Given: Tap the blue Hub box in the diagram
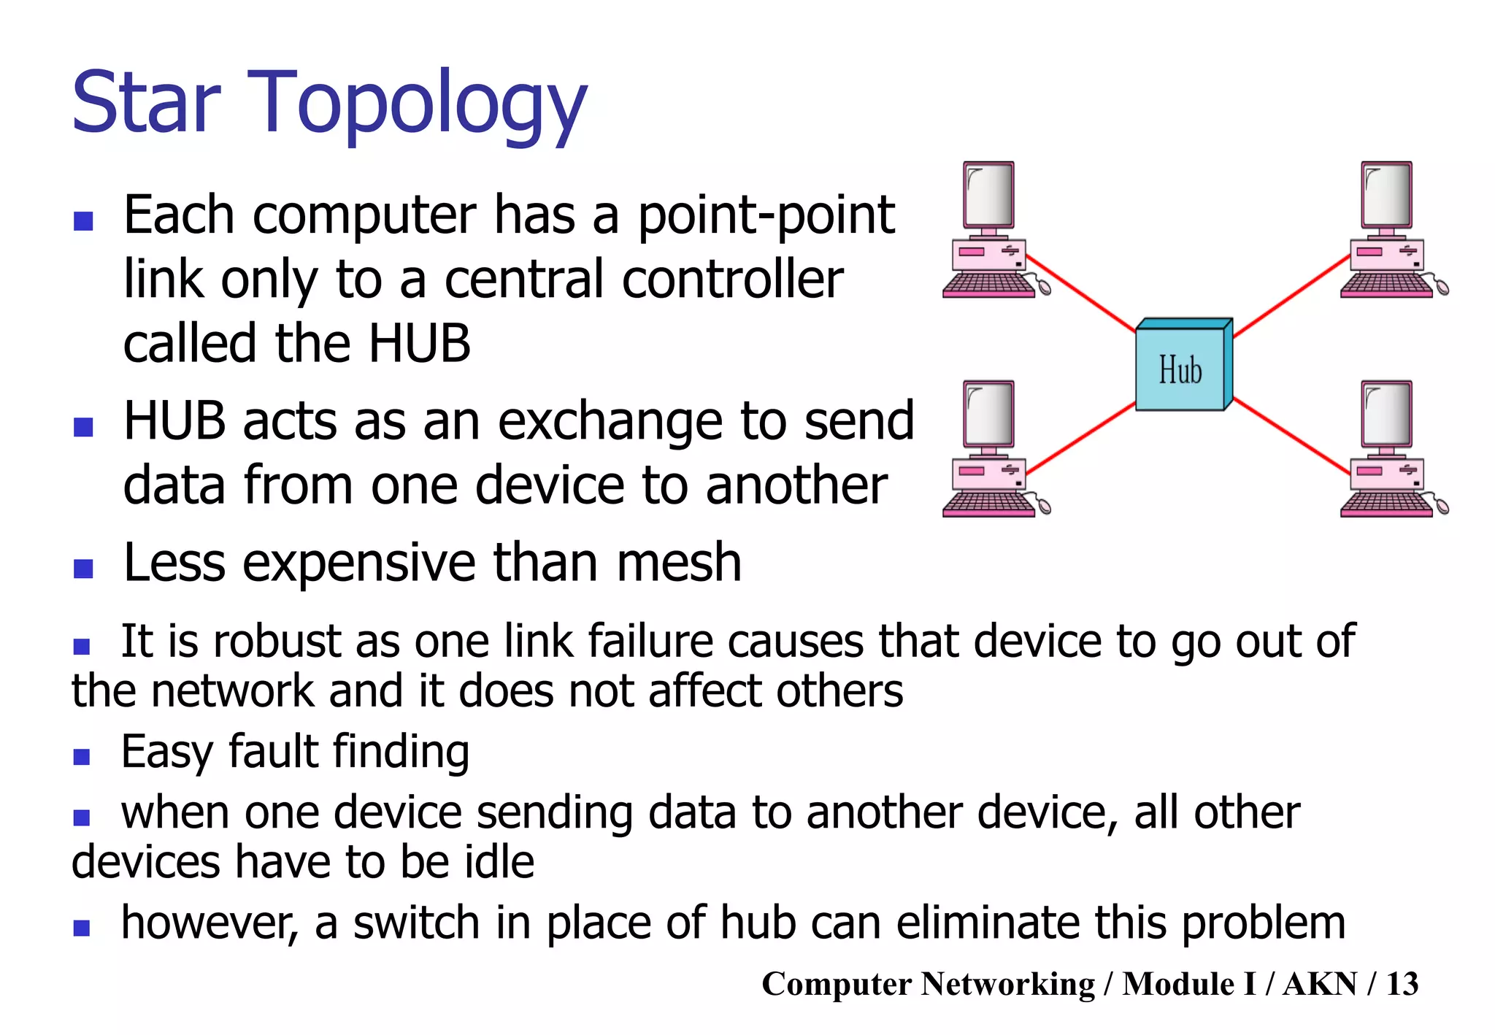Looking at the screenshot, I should [1180, 369].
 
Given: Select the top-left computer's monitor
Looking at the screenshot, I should [989, 196].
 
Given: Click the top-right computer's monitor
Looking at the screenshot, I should [1387, 196].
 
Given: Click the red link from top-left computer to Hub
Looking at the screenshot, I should [1080, 293].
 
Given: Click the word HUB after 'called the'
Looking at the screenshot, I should [420, 343].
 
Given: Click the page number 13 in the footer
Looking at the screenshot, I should [1402, 984].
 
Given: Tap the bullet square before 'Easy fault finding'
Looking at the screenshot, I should [82, 756].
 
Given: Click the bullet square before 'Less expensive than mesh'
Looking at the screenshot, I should [83, 568].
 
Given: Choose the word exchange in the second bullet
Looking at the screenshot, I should [616, 422].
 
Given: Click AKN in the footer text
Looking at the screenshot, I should [1320, 984].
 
